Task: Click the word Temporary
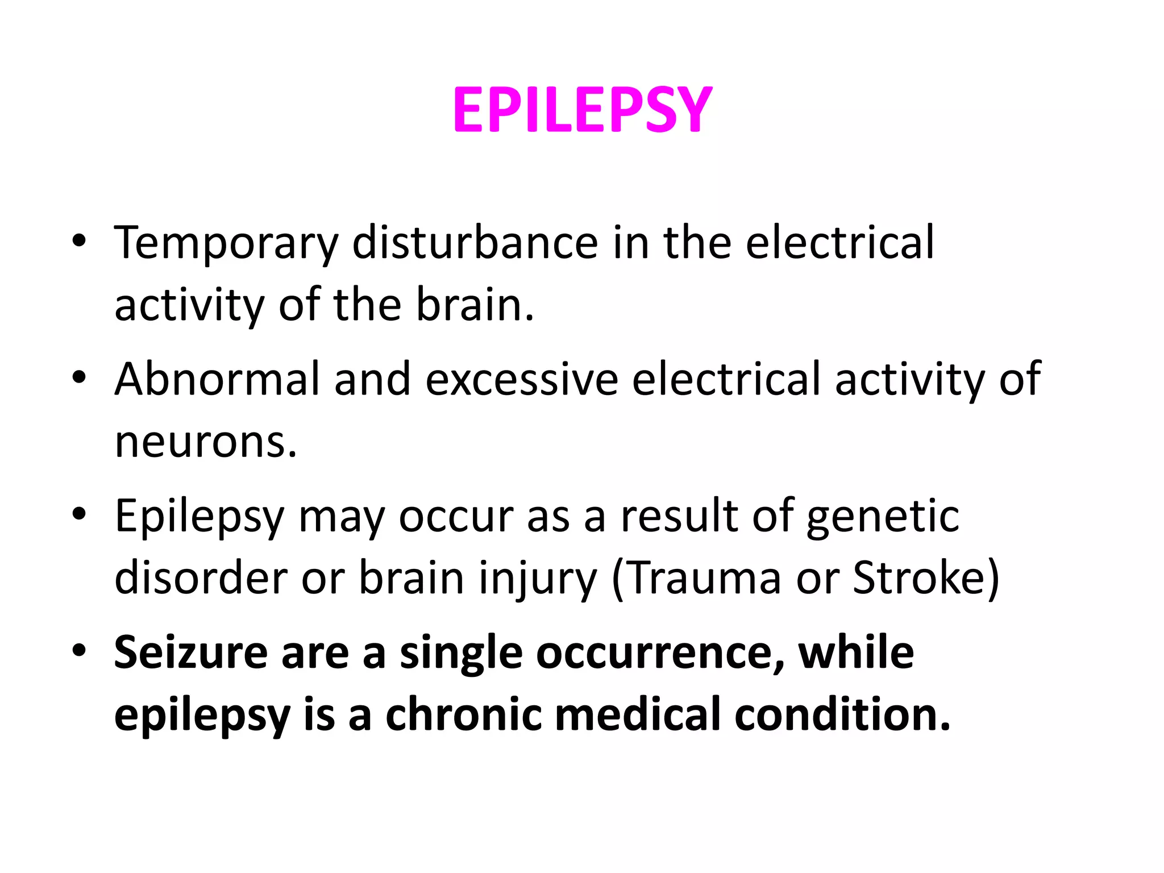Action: coord(226,243)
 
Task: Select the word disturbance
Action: coord(475,243)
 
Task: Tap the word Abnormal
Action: coord(217,380)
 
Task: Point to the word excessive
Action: coord(521,380)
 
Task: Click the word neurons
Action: coord(206,442)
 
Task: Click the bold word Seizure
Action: coord(191,652)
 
